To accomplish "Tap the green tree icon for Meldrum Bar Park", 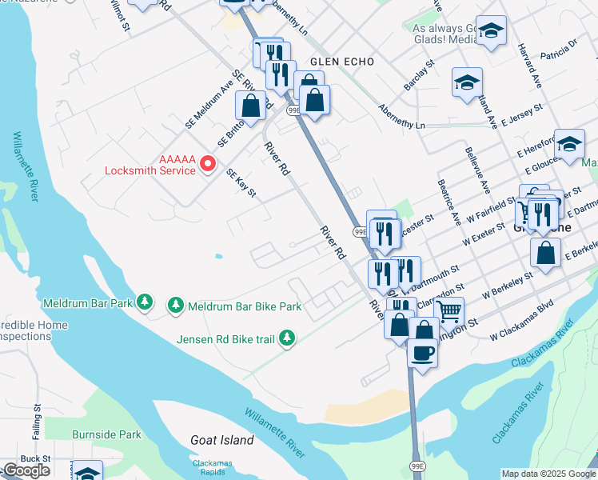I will pyautogui.click(x=145, y=302).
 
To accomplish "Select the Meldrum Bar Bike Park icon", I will pyautogui.click(x=175, y=306).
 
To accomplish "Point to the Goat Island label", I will pyautogui.click(x=222, y=440).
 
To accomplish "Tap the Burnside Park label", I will pyautogui.click(x=106, y=435).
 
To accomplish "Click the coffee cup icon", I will pyautogui.click(x=422, y=352).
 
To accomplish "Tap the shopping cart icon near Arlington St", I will pyautogui.click(x=449, y=311).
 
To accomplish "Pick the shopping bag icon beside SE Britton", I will pyautogui.click(x=251, y=106).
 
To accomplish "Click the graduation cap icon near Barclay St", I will pyautogui.click(x=467, y=82).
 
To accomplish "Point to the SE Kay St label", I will pyautogui.click(x=240, y=182).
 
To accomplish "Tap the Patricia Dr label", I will pyautogui.click(x=559, y=50).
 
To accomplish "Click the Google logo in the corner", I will pyautogui.click(x=26, y=470).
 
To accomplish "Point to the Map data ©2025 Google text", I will pyautogui.click(x=548, y=474).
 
